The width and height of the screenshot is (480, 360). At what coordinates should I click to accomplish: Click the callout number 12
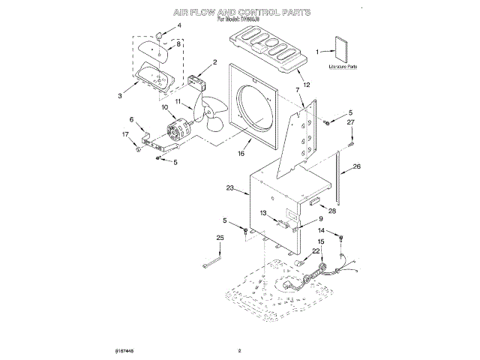coord(306,85)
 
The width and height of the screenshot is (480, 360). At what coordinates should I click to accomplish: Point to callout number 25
coord(220,238)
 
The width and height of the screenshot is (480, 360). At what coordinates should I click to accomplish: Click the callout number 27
coord(349,121)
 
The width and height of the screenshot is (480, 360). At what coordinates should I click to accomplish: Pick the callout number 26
coord(357,166)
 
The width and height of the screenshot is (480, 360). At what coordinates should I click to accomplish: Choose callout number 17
coord(125,134)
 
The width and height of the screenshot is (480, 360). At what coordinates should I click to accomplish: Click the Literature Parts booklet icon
coord(343,50)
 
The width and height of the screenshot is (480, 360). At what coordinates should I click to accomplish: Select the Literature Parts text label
coord(342,67)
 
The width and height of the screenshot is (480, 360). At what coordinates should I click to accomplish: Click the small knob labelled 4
coord(160,35)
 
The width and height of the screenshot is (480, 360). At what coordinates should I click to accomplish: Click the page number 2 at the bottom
coord(240,350)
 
